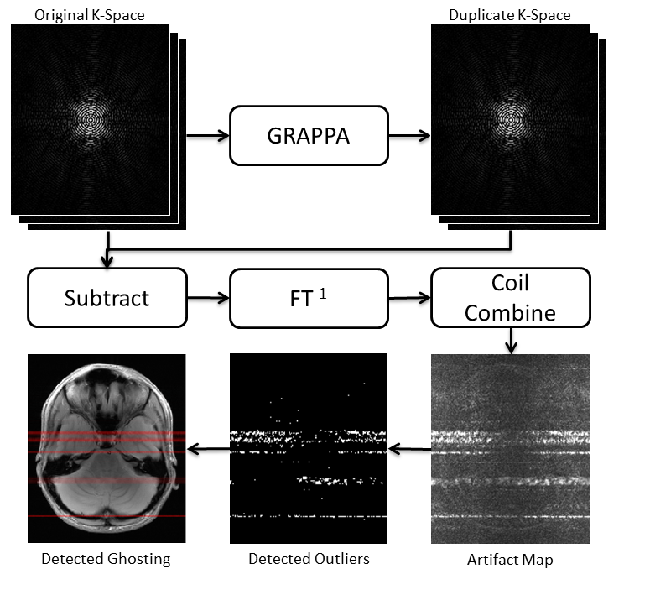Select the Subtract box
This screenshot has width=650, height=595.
click(107, 297)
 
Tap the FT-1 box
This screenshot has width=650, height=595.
click(309, 297)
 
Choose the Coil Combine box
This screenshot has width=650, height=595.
click(510, 297)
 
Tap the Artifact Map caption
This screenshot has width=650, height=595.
click(510, 559)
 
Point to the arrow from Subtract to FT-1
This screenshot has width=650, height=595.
click(208, 297)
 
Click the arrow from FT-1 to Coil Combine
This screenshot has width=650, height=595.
click(409, 297)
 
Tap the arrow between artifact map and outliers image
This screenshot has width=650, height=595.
click(409, 450)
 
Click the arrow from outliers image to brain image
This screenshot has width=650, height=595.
click(208, 450)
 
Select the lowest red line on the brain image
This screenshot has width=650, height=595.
click(107, 517)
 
